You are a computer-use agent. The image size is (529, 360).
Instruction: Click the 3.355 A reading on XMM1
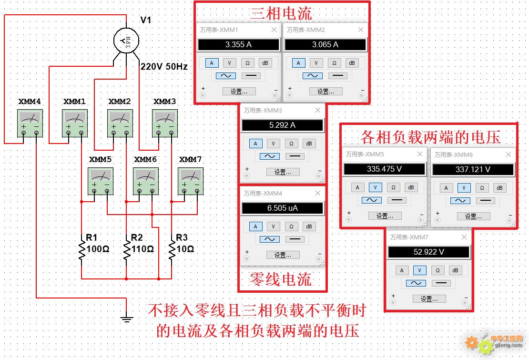[x=238, y=44]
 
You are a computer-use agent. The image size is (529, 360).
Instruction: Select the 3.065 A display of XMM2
[x=325, y=44]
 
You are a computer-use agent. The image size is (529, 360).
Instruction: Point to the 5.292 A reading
[x=283, y=125]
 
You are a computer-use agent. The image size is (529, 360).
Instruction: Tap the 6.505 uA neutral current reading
[x=283, y=208]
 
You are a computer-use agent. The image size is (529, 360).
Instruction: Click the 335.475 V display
[x=384, y=169]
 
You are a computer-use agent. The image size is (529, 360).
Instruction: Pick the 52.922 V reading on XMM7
[x=429, y=252]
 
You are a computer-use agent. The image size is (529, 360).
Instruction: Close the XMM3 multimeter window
[x=318, y=110]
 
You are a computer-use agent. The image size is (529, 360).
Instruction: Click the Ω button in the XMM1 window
[x=248, y=63]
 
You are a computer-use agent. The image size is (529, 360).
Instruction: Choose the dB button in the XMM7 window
[x=455, y=270]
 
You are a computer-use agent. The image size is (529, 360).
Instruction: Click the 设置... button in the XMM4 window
[x=283, y=255]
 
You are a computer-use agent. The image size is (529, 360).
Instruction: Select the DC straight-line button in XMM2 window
[x=337, y=76]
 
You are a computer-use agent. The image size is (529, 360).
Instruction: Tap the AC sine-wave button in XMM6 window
[x=460, y=200]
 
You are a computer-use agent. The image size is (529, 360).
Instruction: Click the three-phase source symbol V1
[x=126, y=41]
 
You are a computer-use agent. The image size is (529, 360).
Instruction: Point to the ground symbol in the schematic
[x=126, y=319]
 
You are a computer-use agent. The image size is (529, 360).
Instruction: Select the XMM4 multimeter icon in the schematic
[x=30, y=123]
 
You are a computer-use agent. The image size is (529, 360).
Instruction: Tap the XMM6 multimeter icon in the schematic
[x=146, y=181]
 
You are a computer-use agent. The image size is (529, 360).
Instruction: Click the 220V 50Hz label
[x=164, y=66]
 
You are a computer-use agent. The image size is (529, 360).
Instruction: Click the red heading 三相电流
[x=281, y=13]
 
